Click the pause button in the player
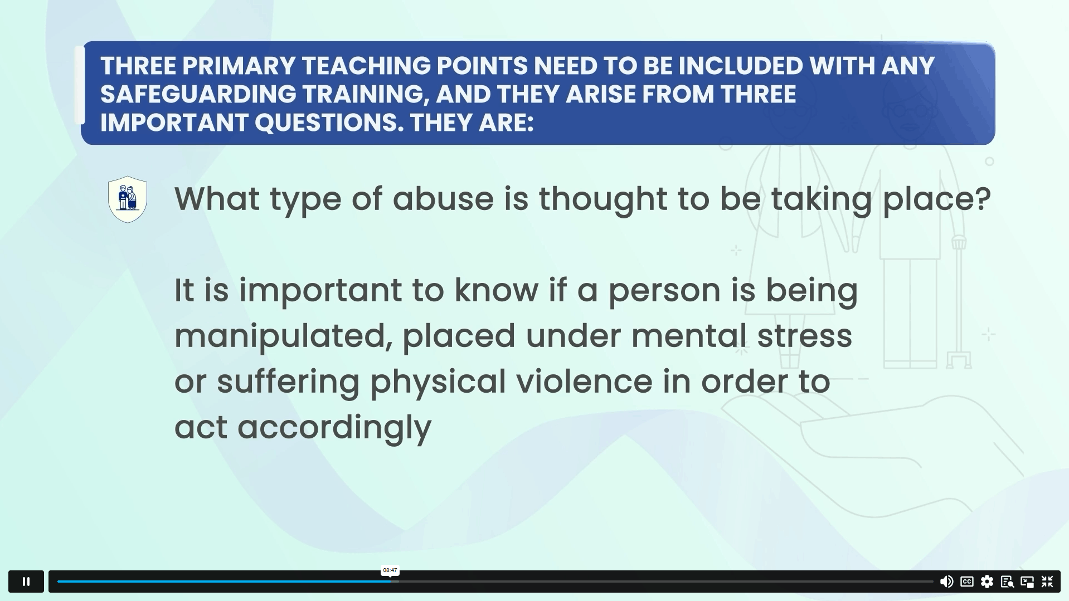point(26,582)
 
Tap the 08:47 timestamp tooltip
point(390,570)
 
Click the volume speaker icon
point(946,582)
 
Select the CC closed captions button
point(967,582)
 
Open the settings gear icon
point(987,582)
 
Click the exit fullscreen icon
point(1047,582)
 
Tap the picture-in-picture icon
point(1027,582)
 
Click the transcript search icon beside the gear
point(1007,582)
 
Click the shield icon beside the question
point(128,199)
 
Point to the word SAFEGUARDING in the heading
point(198,94)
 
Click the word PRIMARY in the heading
point(239,66)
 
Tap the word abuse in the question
point(443,198)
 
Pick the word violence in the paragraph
point(584,382)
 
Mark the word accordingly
point(334,428)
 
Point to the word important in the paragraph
point(320,291)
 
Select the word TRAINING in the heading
point(366,95)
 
